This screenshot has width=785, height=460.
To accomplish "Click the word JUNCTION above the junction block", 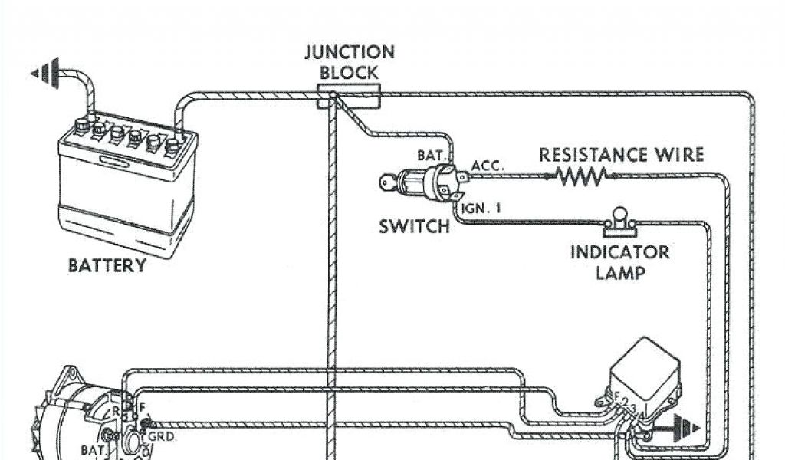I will click(x=349, y=53).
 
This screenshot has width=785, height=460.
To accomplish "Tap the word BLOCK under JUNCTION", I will click(x=349, y=73).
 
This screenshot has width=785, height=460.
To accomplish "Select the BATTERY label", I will click(x=107, y=266).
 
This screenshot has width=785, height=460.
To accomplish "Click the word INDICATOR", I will click(x=619, y=252).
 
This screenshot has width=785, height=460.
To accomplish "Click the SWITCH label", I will click(x=414, y=227).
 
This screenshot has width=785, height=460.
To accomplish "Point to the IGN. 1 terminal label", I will click(x=481, y=207).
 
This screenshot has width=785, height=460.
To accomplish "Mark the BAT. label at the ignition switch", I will click(x=430, y=156).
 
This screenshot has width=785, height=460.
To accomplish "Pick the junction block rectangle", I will click(x=350, y=96).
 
